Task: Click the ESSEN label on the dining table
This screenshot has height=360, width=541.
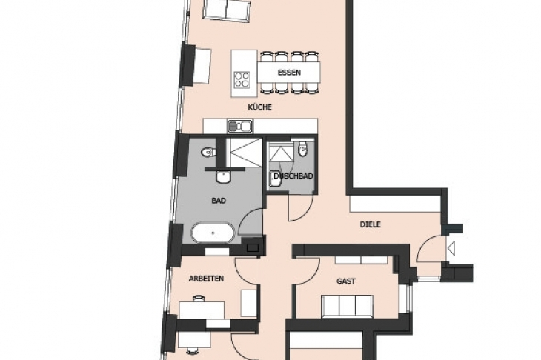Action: click(289, 73)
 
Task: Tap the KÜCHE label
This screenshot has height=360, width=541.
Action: click(260, 107)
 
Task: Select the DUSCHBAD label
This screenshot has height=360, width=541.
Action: click(293, 176)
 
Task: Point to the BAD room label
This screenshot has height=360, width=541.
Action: click(219, 200)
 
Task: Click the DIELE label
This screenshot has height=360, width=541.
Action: click(371, 224)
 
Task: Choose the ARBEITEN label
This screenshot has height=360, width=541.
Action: click(206, 279)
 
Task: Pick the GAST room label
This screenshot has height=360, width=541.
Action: click(346, 281)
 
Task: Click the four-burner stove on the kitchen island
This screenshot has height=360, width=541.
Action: click(242, 79)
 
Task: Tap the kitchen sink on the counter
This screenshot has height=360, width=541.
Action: click(240, 126)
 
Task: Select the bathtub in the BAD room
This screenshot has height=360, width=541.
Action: click(213, 233)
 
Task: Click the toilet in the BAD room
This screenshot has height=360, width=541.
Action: click(208, 152)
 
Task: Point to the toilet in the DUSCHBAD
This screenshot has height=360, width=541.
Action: click(303, 150)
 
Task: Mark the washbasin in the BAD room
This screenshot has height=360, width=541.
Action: click(223, 176)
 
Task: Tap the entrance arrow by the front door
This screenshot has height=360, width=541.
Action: click(451, 248)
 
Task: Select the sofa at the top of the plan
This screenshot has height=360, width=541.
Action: click(226, 10)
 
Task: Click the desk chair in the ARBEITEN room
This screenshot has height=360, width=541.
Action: click(199, 299)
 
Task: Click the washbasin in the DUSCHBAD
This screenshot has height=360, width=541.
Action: click(276, 179)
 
